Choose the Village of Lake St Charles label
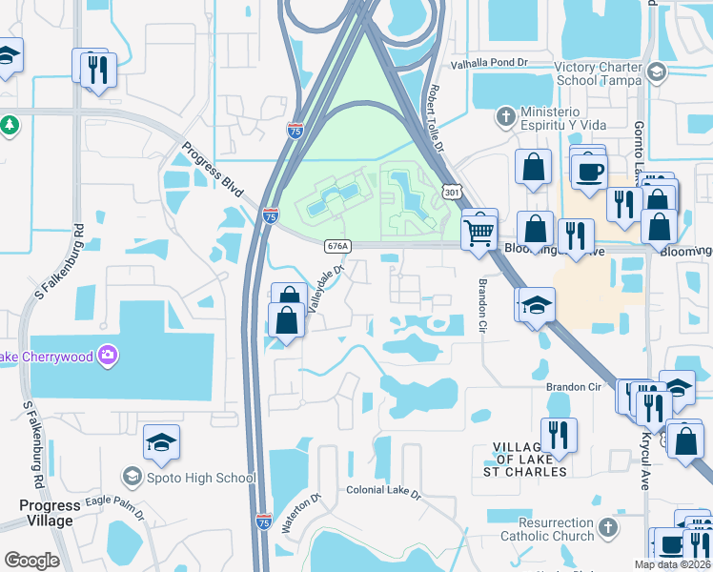531,460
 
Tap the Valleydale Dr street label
325,286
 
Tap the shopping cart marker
479,230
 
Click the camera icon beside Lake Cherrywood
108,355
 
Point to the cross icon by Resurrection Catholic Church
607,527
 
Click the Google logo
31,561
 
